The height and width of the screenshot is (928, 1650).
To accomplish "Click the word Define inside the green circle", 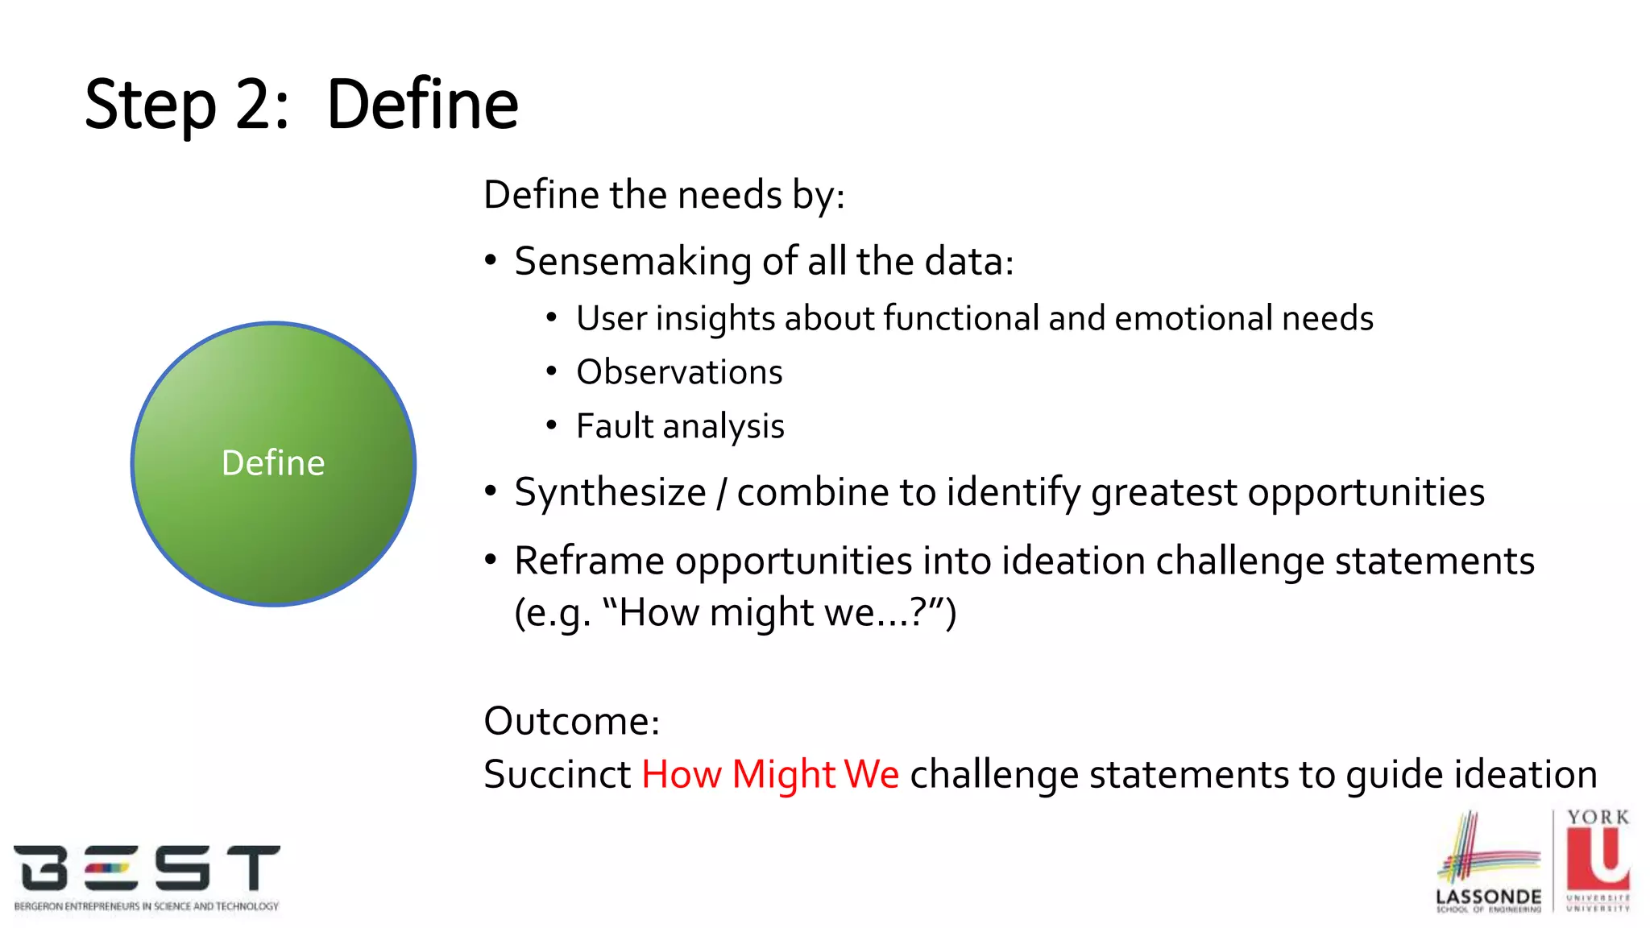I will coord(273,463).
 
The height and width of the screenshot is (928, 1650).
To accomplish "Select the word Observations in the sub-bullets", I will coord(679,373).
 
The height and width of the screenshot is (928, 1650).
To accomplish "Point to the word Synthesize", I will coord(610,493).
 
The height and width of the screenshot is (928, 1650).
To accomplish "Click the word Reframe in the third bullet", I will coord(589,561).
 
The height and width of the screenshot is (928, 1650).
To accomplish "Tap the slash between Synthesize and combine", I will coord(722,493).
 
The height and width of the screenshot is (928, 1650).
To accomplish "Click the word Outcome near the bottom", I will coord(570,721).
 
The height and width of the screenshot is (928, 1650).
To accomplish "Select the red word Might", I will coord(783,775).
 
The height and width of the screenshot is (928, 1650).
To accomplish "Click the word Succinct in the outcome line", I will coord(557,775).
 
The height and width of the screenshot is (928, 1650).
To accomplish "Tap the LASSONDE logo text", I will coord(1488,897).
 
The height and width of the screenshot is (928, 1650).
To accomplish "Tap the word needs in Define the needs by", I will coord(731,196).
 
